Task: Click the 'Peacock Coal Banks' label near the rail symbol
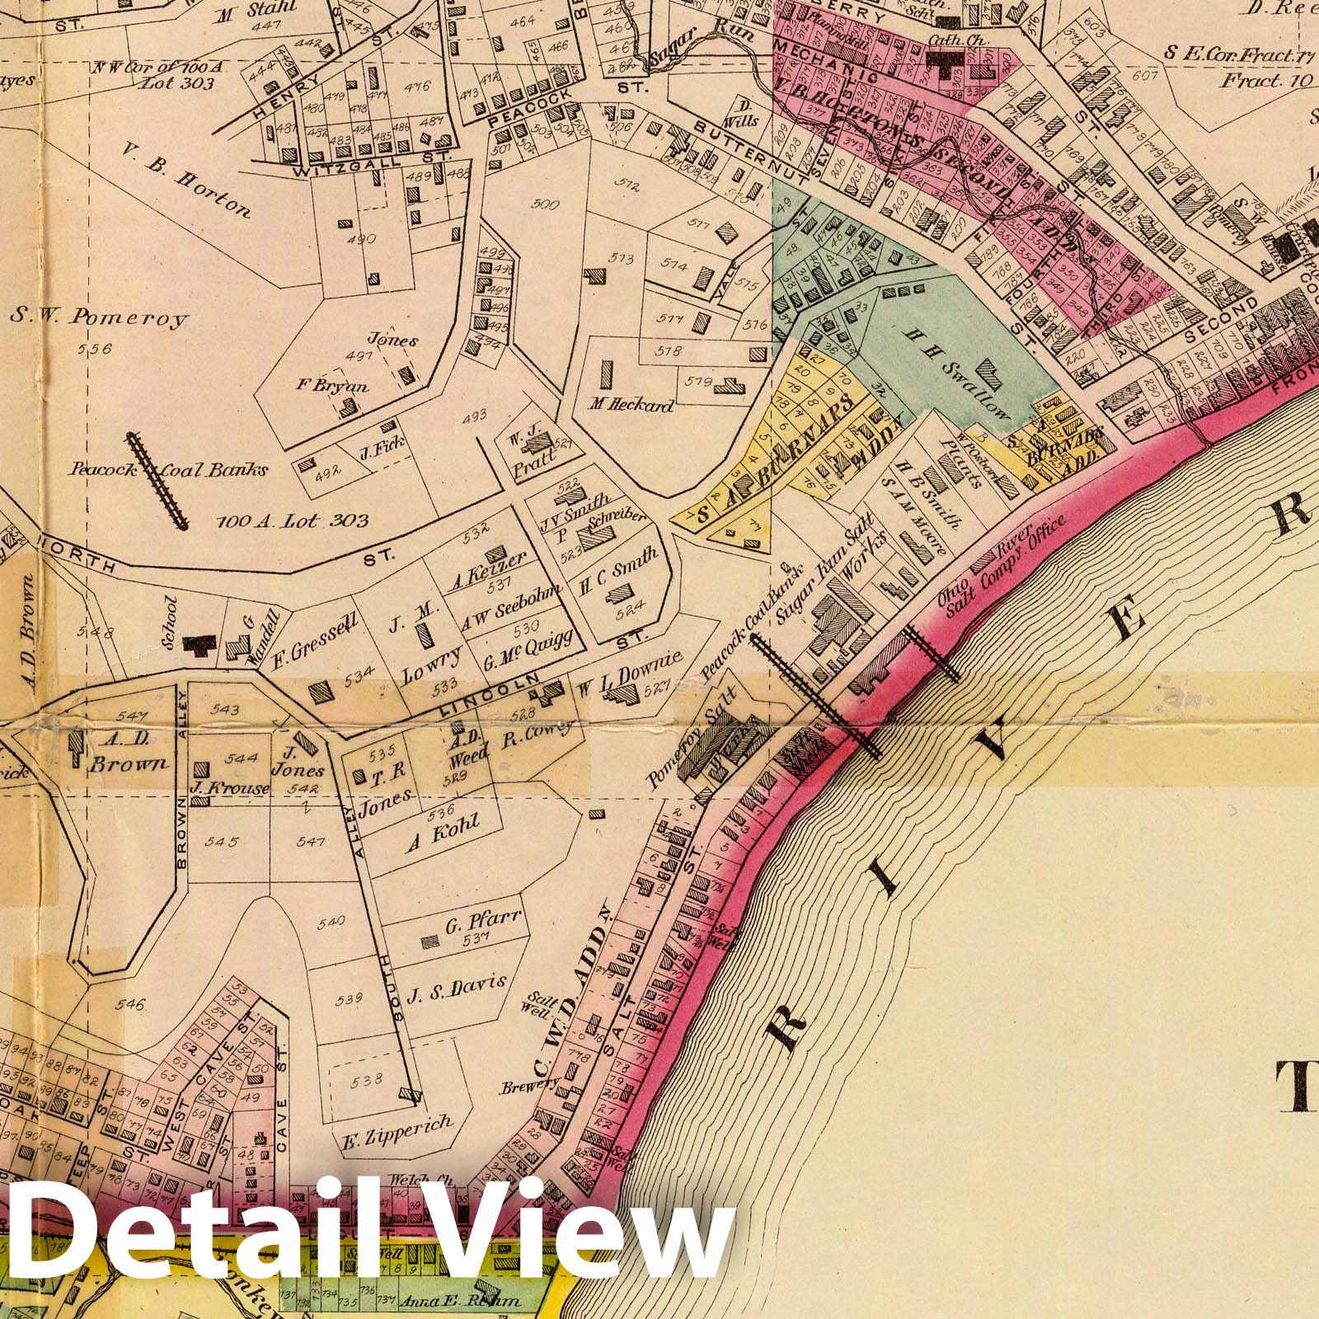coord(169,470)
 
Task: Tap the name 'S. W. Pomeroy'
coord(101,317)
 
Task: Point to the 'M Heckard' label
coord(631,405)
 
